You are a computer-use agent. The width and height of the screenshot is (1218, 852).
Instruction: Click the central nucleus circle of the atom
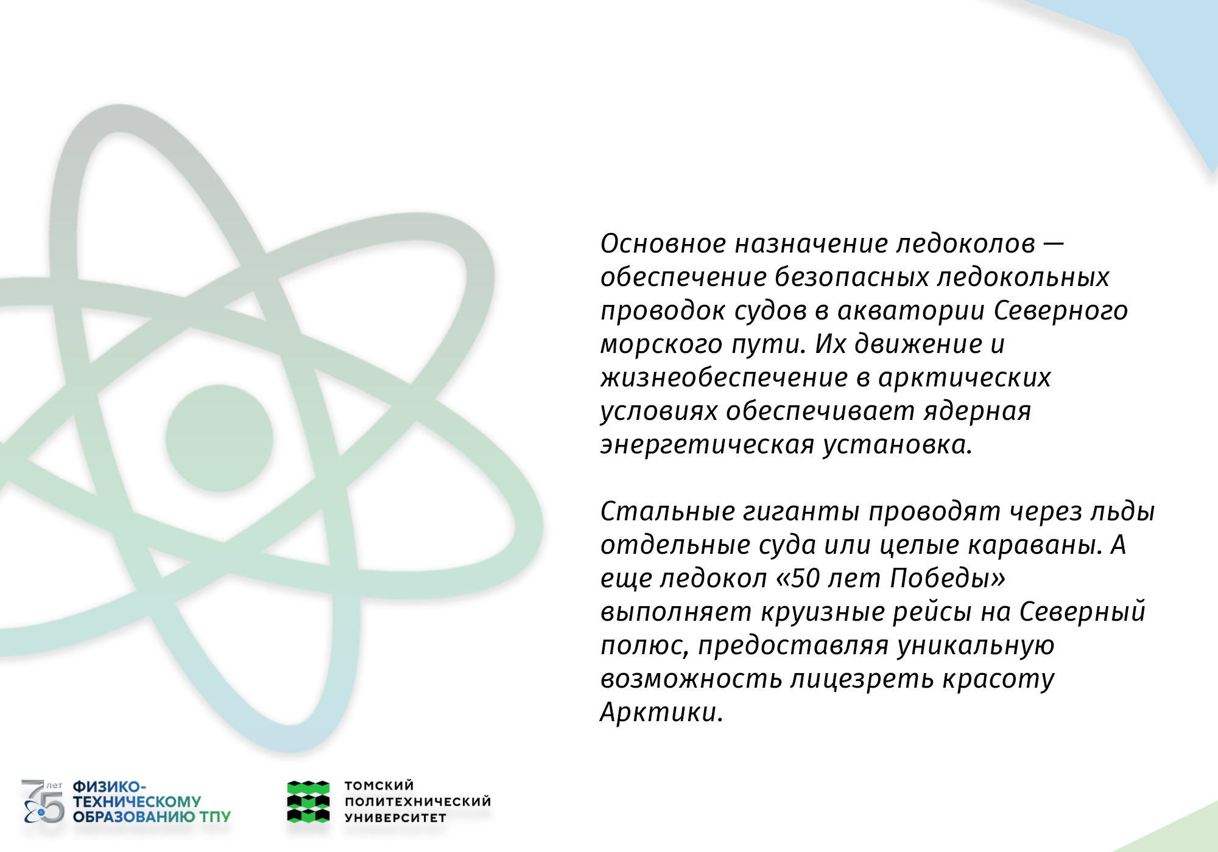(x=219, y=438)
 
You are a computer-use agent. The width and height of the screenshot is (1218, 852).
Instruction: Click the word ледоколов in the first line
(x=966, y=243)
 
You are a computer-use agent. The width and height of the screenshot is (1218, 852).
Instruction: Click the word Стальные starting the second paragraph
(x=667, y=511)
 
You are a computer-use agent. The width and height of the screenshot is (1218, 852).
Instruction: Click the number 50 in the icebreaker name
(x=805, y=578)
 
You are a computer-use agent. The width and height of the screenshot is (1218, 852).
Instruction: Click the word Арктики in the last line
(x=661, y=712)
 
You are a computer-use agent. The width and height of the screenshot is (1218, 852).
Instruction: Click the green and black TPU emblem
(x=308, y=801)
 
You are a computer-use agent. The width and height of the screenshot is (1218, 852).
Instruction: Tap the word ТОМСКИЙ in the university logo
(x=379, y=786)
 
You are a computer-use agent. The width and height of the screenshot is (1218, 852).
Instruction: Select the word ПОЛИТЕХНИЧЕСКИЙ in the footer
(x=418, y=801)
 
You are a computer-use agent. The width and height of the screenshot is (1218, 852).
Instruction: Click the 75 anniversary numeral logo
(x=43, y=801)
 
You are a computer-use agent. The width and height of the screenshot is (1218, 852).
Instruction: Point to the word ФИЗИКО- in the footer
(x=110, y=787)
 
